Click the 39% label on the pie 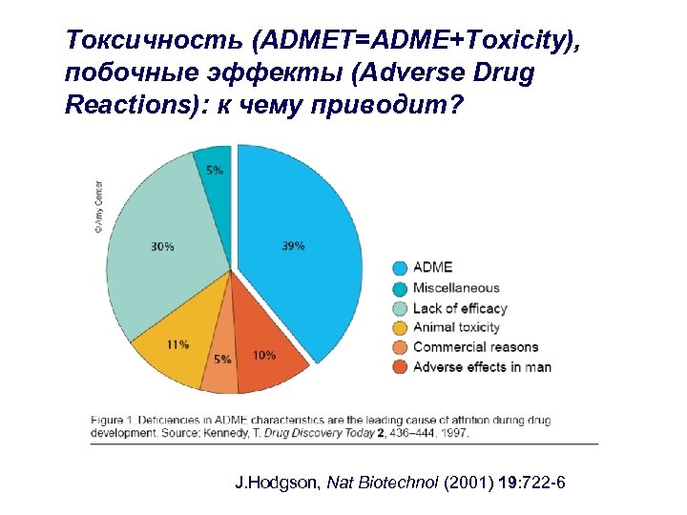click(293, 246)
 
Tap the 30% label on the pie click(162, 247)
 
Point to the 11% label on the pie click(177, 344)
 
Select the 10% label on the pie click(264, 356)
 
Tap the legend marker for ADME click(400, 267)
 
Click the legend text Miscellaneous click(455, 288)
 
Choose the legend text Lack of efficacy click(459, 308)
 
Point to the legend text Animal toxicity click(456, 327)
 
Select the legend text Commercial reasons click(475, 347)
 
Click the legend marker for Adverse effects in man click(400, 367)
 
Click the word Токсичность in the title click(126, 40)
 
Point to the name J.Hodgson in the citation click(278, 484)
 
